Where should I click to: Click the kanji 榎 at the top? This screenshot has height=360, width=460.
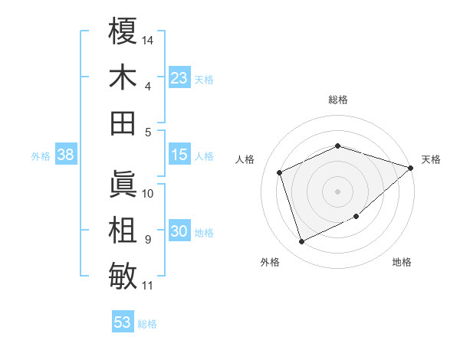(x=123, y=32)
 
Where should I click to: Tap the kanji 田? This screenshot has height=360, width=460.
(x=123, y=123)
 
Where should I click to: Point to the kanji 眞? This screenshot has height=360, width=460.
(x=123, y=185)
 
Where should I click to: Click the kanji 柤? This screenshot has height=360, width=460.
(x=123, y=231)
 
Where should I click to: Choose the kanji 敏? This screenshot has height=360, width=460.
(x=123, y=276)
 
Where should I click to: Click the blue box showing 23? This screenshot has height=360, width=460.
(x=179, y=78)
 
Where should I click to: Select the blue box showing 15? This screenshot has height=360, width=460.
(x=179, y=155)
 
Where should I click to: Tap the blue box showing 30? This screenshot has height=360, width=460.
(x=179, y=232)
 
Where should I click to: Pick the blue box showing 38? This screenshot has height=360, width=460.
(x=65, y=155)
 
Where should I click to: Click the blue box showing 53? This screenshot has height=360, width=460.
(x=123, y=322)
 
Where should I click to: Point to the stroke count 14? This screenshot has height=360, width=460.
(x=148, y=39)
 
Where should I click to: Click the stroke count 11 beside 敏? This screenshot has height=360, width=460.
(x=148, y=286)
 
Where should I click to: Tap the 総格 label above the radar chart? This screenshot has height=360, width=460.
(x=337, y=100)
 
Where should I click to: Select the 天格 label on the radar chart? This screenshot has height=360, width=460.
(x=431, y=159)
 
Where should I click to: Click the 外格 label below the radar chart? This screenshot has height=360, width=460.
(x=270, y=262)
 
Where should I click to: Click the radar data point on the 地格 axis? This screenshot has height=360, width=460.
(x=357, y=217)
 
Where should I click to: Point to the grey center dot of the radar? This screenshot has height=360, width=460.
(x=337, y=191)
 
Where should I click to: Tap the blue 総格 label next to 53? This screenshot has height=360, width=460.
(x=147, y=324)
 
